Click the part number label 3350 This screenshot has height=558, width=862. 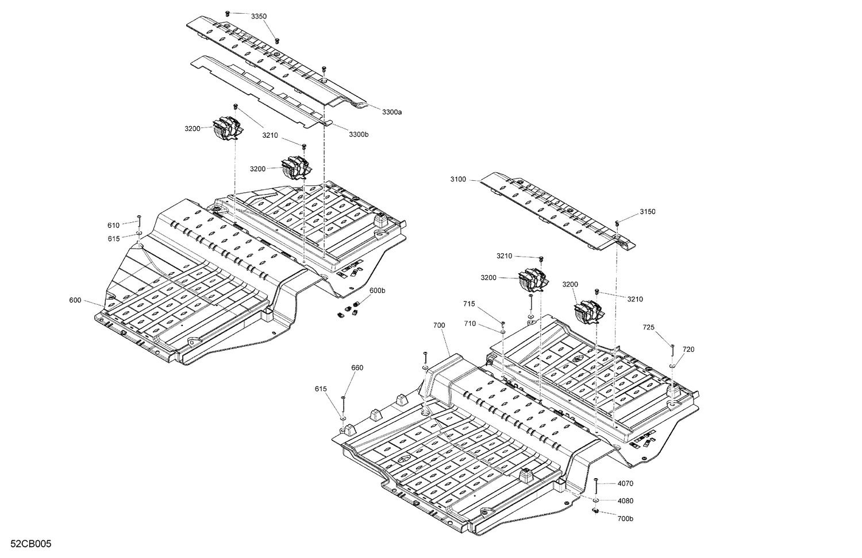point(259,17)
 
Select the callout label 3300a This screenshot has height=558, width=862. point(391,112)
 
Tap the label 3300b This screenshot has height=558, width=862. point(358,134)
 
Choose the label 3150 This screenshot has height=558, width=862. point(647,212)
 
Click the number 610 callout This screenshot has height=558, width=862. point(113,225)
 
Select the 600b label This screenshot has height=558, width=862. point(377,291)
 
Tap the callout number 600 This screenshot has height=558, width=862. point(75,300)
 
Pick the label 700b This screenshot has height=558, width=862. point(625,518)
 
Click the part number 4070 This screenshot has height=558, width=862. point(625,484)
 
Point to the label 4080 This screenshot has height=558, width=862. point(625,501)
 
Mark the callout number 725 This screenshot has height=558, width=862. point(648,327)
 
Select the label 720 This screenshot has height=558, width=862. point(688,349)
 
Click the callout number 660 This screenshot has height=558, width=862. point(357,368)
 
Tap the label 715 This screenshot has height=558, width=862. point(470,304)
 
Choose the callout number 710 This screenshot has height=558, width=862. point(470,324)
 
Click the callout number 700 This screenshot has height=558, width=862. point(439,325)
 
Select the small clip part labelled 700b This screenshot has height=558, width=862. point(596,510)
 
